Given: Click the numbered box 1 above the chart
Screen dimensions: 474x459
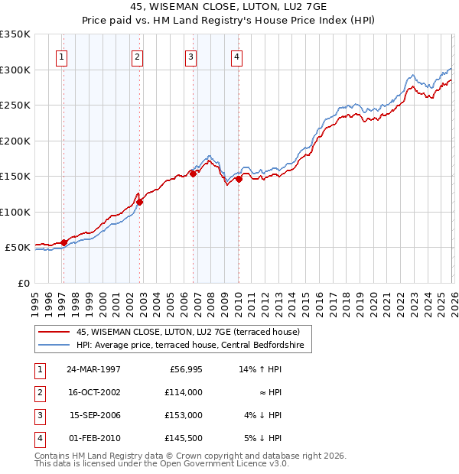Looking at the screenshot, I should [61, 56].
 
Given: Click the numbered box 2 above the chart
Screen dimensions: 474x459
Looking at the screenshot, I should [136, 56].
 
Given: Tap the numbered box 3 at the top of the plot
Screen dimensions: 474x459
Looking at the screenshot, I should [190, 56].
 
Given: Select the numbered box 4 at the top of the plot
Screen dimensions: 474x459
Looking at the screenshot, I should [237, 56].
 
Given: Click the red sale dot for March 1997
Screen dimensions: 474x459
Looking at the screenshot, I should [64, 242].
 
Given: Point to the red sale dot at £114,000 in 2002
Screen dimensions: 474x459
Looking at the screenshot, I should [140, 202].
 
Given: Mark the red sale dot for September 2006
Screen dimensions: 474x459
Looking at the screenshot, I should [193, 174].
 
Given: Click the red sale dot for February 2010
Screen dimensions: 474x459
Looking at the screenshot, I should [239, 179].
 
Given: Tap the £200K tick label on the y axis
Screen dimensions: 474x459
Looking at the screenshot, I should [15, 141].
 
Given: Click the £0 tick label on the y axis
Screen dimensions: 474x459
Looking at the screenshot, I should [24, 283].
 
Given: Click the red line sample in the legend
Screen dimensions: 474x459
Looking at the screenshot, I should [54, 332].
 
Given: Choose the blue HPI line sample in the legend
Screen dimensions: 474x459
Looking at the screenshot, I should [54, 346].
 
